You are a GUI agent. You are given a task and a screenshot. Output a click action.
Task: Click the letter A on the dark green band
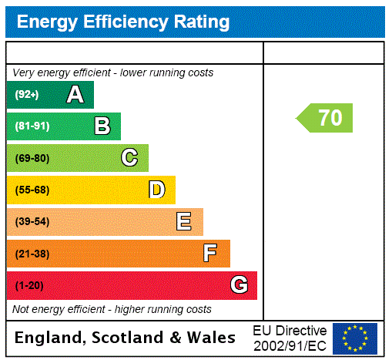point(75,95)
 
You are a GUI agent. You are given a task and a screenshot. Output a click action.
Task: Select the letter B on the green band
point(102,126)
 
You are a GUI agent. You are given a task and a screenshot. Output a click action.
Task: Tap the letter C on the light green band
point(129,158)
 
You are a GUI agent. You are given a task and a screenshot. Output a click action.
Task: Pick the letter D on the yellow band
point(156,190)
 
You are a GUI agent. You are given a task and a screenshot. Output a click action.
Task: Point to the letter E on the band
point(184,222)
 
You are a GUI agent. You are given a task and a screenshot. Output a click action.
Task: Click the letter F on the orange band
point(210,254)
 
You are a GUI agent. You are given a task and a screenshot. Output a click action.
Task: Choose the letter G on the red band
point(239,285)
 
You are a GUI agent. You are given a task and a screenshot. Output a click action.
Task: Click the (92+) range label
point(27,95)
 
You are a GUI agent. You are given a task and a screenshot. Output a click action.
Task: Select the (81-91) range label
point(32,126)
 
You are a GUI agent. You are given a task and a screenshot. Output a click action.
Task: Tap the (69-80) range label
point(32,158)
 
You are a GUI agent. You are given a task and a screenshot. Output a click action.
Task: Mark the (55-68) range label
point(32,190)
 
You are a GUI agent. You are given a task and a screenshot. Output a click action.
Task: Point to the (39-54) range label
point(32,222)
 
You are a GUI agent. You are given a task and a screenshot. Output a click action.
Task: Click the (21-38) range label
point(32,254)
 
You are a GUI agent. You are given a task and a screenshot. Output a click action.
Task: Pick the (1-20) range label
point(29,285)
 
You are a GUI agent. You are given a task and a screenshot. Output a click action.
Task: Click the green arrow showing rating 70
point(326,118)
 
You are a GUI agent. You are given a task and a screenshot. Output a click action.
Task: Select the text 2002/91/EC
point(290,345)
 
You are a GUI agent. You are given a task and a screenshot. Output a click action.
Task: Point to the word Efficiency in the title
point(120,22)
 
